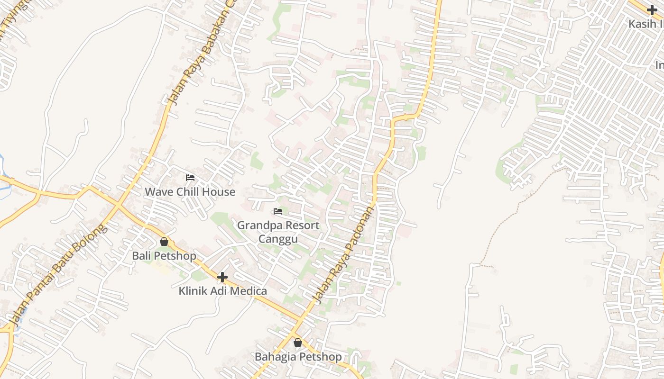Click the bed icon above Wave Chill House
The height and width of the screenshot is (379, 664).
click(190, 178)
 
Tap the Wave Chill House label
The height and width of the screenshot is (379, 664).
click(190, 192)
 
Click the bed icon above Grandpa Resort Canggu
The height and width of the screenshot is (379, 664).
click(278, 211)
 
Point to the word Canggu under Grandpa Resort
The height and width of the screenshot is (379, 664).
click(278, 239)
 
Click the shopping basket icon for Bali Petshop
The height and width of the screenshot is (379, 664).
click(164, 242)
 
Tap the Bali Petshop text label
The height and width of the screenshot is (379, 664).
click(164, 256)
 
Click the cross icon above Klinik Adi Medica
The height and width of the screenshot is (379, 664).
click(222, 277)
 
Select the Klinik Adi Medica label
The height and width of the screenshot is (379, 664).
click(222, 291)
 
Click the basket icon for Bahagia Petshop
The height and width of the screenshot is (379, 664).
click(297, 343)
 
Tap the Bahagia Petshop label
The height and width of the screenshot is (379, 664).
click(298, 357)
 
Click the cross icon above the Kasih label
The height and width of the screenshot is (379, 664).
click(652, 10)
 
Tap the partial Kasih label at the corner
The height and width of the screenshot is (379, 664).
click(646, 24)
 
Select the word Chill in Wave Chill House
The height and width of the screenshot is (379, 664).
click(189, 192)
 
